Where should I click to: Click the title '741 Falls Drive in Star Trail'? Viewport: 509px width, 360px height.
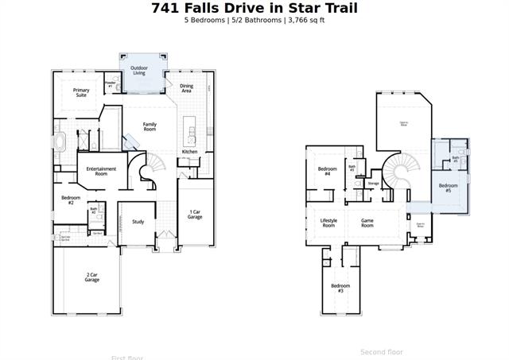click(254, 8)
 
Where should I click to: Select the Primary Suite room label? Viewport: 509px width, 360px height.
click(81, 92)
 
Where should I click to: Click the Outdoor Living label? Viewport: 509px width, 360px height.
click(139, 71)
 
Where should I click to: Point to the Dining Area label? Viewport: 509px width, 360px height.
click(186, 88)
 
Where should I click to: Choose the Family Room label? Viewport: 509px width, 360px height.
click(150, 126)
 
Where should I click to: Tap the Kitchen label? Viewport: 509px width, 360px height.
click(189, 151)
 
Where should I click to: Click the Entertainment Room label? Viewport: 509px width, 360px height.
click(101, 171)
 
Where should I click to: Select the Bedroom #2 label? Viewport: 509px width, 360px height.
click(68, 200)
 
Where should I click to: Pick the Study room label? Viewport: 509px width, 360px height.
click(138, 222)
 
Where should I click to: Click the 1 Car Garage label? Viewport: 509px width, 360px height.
click(195, 215)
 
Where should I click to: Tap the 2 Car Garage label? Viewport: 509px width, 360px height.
click(92, 277)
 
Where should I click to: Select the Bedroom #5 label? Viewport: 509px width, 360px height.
click(448, 188)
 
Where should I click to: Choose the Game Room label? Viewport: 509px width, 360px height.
click(367, 223)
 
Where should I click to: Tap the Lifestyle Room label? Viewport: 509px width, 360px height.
click(328, 223)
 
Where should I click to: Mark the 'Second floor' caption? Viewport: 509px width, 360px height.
click(382, 351)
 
